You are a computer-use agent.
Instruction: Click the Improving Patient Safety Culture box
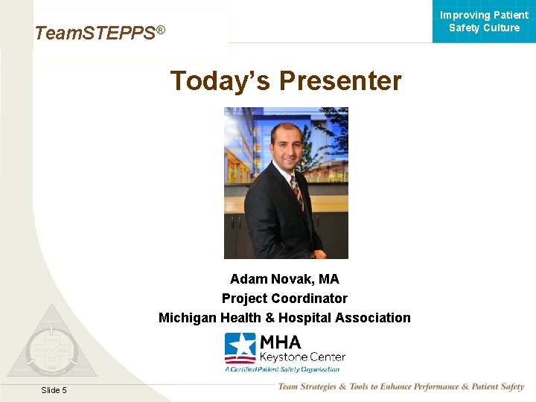coord(484,22)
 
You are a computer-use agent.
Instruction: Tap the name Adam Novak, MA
coord(284,279)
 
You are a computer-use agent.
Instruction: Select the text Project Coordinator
coord(284,299)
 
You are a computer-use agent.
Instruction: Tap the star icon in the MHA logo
coord(240,347)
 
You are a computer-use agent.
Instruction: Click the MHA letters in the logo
coord(280,342)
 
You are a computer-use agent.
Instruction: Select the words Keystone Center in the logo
coord(301,357)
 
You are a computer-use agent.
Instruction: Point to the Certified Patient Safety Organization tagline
coord(282,368)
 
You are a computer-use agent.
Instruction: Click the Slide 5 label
coord(54,390)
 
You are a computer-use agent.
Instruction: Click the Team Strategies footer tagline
coord(401,386)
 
